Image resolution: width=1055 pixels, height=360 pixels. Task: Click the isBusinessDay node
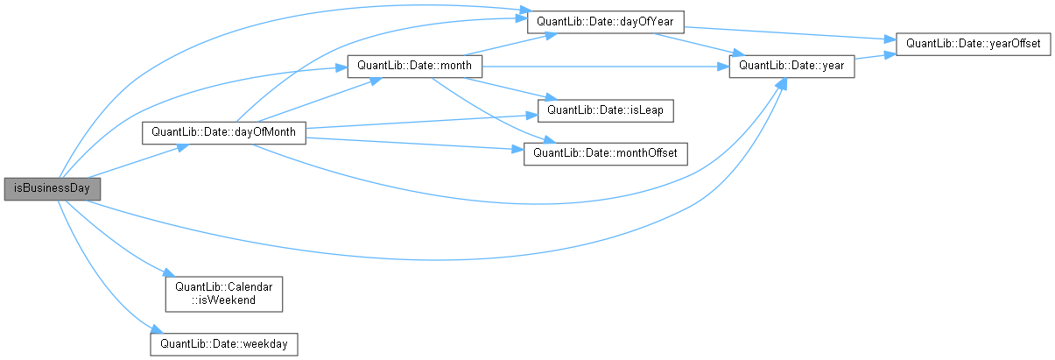53,188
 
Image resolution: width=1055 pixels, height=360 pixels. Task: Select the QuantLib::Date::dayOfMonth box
223,132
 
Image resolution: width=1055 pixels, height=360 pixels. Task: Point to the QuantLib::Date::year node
791,67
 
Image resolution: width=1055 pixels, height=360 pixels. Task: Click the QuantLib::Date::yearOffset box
973,43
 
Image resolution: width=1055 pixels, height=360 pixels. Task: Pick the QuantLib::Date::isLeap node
604,110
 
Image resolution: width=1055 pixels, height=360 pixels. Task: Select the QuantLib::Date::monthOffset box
604,153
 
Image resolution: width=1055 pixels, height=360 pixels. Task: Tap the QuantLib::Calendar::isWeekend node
223,293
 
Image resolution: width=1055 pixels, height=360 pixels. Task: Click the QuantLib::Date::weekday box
223,342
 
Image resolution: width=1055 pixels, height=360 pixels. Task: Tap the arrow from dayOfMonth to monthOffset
411,143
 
